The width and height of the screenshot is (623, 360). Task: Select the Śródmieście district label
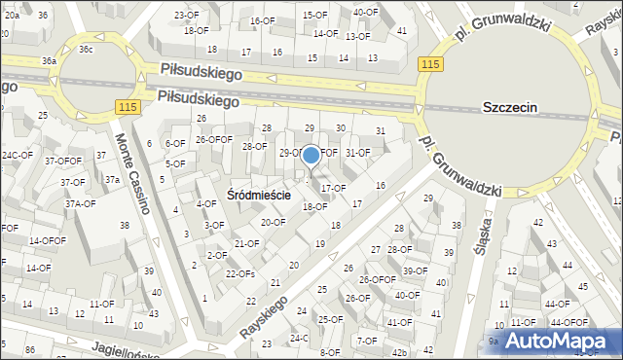click(259, 194)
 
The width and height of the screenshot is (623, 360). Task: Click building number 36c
click(86, 49)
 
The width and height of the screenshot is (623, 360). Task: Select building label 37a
click(112, 179)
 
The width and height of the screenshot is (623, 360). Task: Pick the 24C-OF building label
click(17, 155)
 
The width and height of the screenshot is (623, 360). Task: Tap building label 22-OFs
click(239, 273)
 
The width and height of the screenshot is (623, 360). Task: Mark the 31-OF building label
click(358, 152)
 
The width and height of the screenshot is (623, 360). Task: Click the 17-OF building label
click(333, 188)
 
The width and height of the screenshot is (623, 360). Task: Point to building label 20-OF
click(274, 222)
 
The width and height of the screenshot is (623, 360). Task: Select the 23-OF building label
click(185, 16)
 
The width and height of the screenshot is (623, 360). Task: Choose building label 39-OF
click(415, 270)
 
